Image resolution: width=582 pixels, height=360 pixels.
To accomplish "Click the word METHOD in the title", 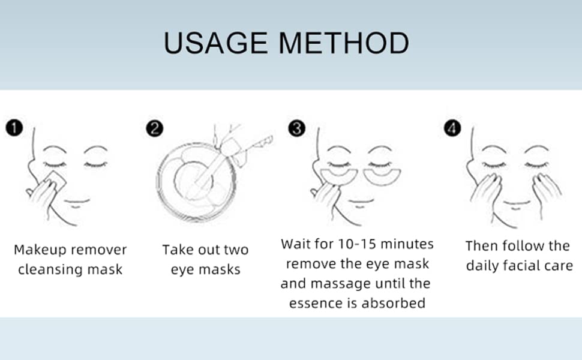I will (x=346, y=44).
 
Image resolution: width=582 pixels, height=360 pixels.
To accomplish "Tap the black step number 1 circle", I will (x=14, y=128).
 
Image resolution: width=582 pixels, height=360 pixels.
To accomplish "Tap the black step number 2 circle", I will (x=154, y=128).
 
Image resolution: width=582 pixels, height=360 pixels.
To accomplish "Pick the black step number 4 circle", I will (x=452, y=128).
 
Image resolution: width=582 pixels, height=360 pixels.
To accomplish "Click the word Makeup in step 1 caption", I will (x=40, y=249).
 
